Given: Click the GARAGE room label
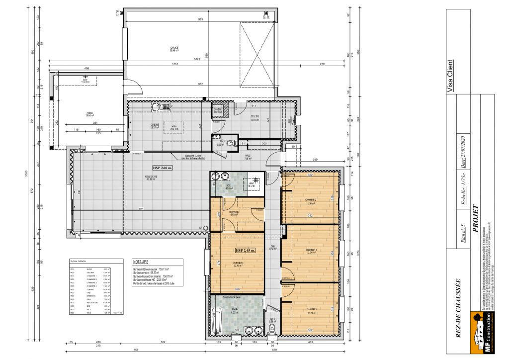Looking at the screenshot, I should click(174, 49).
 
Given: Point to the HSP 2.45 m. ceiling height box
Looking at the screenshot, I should click(245, 250).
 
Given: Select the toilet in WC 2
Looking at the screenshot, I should click(272, 328).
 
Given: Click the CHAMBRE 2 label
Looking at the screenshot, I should click(311, 201).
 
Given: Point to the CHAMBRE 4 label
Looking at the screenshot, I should click(311, 312).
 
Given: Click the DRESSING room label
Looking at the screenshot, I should click(234, 213).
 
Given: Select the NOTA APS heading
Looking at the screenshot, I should click(141, 261).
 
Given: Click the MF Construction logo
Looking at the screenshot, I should click(482, 334).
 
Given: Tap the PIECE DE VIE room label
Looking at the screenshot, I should click(138, 178).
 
